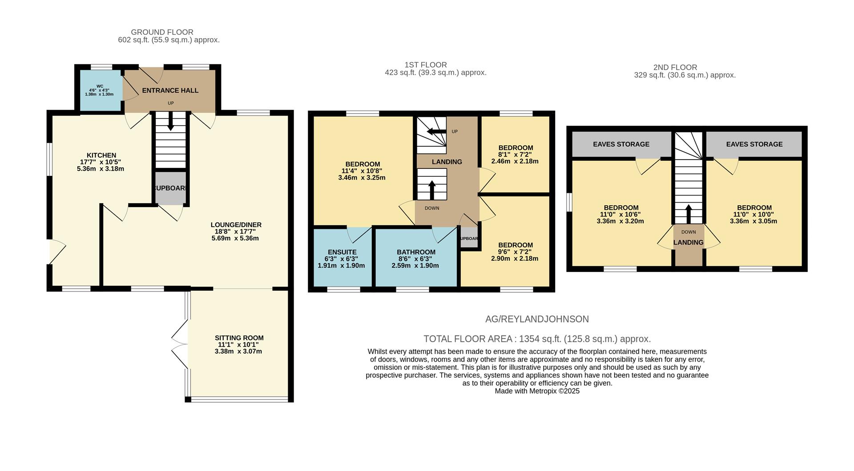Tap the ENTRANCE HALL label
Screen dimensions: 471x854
(170, 91)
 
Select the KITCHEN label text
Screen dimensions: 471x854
(101, 156)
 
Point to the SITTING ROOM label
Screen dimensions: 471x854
(239, 338)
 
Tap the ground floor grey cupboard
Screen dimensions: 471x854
(170, 188)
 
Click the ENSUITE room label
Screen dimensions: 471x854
(342, 252)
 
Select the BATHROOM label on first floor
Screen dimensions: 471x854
(416, 252)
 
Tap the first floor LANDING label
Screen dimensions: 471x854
(447, 162)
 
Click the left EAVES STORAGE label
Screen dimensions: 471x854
(621, 144)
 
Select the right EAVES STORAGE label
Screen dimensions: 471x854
(754, 144)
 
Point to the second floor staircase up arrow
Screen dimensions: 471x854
(688, 214)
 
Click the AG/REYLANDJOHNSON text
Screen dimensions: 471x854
(537, 319)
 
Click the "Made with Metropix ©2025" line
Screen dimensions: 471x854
(537, 391)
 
